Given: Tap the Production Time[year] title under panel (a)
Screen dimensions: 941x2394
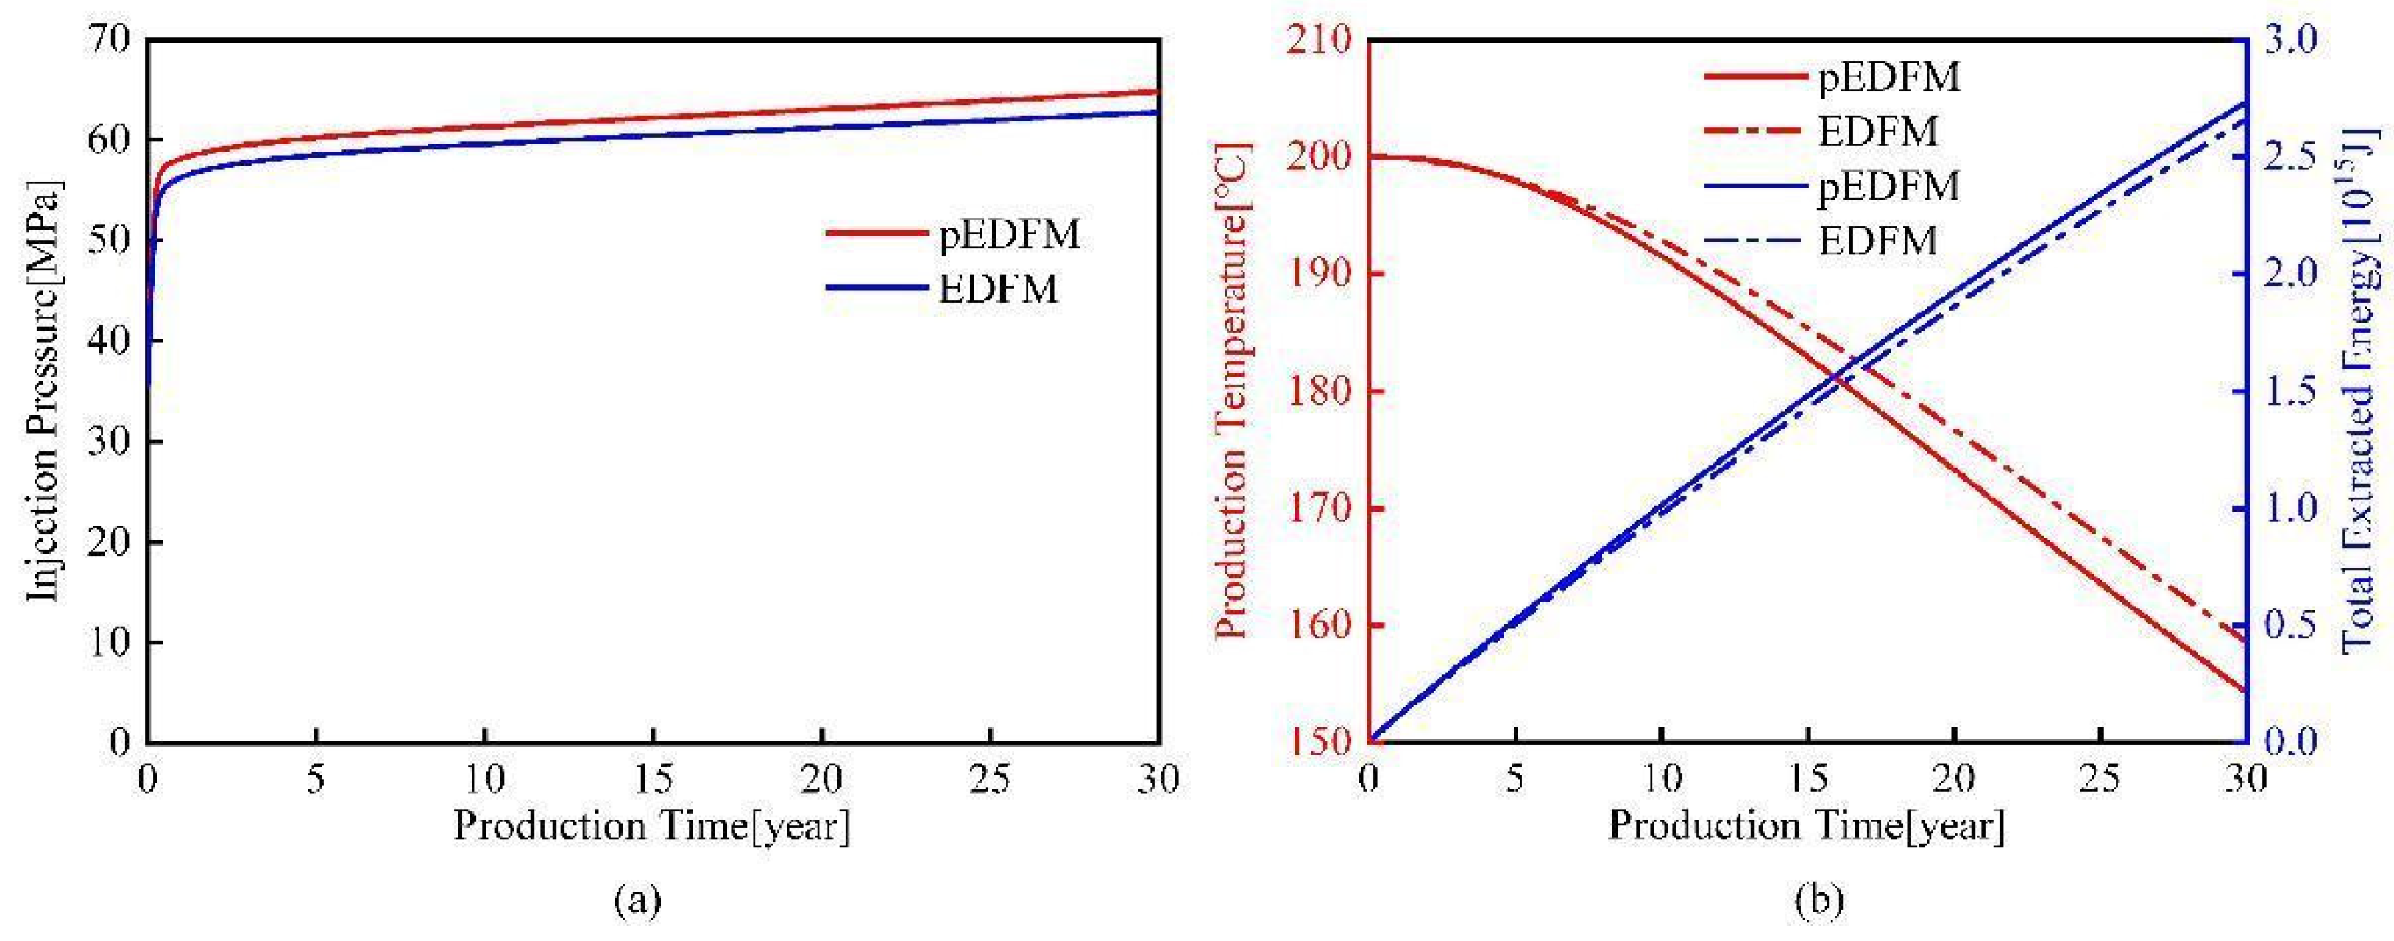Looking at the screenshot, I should pyautogui.click(x=651, y=825).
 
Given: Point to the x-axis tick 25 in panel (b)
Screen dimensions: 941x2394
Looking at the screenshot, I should pyautogui.click(x=2100, y=779).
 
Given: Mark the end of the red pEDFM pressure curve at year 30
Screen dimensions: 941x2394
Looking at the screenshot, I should pyautogui.click(x=1157, y=91).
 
